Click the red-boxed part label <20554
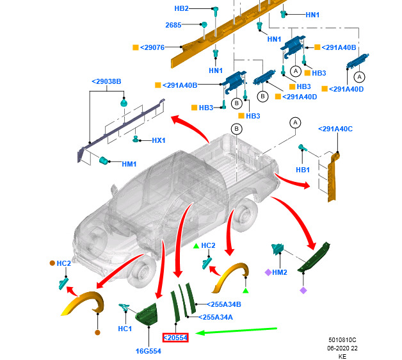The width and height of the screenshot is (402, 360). pos(175,338)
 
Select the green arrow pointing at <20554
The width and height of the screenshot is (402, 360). pos(237,331)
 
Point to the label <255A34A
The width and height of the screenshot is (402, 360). pos(217,316)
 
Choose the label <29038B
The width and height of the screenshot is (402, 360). pos(106,81)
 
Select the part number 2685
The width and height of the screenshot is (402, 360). pos(173,25)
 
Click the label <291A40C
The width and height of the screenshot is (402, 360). pos(335,130)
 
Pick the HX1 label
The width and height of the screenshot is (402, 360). pos(159,140)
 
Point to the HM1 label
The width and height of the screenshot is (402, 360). pos(129,164)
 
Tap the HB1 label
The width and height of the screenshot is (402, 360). pos(303,170)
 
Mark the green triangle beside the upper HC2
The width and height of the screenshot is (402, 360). pos(196,245)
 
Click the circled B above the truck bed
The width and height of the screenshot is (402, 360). pos(236,129)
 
